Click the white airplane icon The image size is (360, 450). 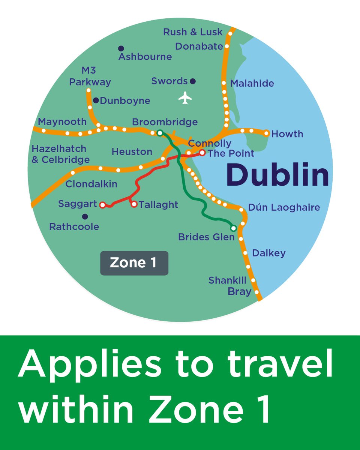tap(185, 98)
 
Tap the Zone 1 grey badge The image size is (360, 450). tap(134, 263)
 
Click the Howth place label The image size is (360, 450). tap(287, 134)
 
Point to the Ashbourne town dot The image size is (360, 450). tap(121, 48)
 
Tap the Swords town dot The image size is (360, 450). tap(193, 81)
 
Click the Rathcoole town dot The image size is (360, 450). tap(85, 216)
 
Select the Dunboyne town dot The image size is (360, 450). tap(96, 100)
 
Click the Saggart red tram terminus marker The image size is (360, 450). tap(102, 205)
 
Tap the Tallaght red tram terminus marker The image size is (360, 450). tap(134, 204)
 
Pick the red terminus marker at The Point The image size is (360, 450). tap(202, 153)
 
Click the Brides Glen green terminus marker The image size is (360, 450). tap(233, 228)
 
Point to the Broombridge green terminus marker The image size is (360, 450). tap(160, 133)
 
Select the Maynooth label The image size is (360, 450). tap(62, 122)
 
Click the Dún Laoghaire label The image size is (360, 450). tap(284, 207)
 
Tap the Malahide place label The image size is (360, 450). tap(252, 83)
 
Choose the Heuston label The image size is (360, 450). tap(132, 152)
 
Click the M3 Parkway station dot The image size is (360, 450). tap(88, 90)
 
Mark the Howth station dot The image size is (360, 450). tap(266, 133)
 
